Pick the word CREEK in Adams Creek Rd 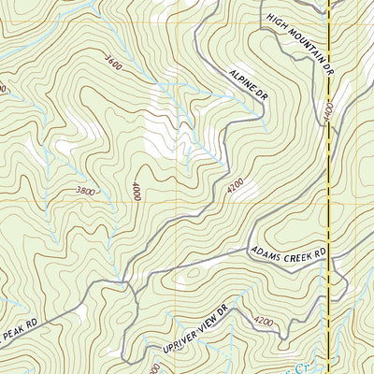point(295,252)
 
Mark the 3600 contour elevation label point(113,64)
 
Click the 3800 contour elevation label point(83,191)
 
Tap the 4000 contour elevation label point(137,192)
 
